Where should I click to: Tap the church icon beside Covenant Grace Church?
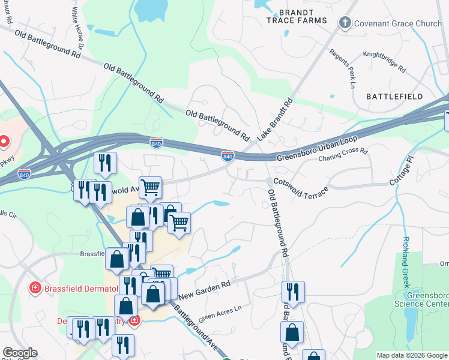coord(345,23)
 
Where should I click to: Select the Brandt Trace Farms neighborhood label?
coord(297,16)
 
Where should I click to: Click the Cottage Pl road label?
coord(403,173)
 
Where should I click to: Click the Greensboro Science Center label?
coord(427,299)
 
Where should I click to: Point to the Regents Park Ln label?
coord(343,65)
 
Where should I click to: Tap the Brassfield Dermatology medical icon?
coord(35,289)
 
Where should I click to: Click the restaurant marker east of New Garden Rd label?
coord(293,292)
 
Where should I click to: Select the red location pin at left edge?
coord(4,142)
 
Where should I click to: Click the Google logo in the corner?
coord(20,353)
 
